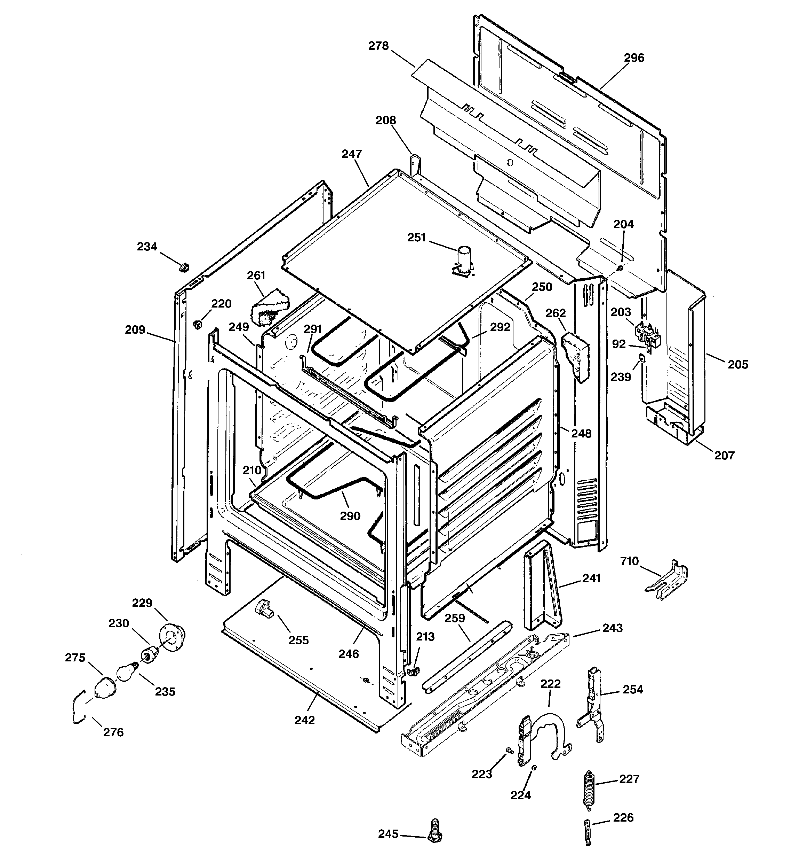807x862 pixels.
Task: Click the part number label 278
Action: pyautogui.click(x=378, y=46)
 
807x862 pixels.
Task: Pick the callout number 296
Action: pyautogui.click(x=634, y=58)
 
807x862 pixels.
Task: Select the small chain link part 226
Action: pyautogui.click(x=588, y=832)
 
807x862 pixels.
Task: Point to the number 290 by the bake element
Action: pyautogui.click(x=350, y=515)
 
